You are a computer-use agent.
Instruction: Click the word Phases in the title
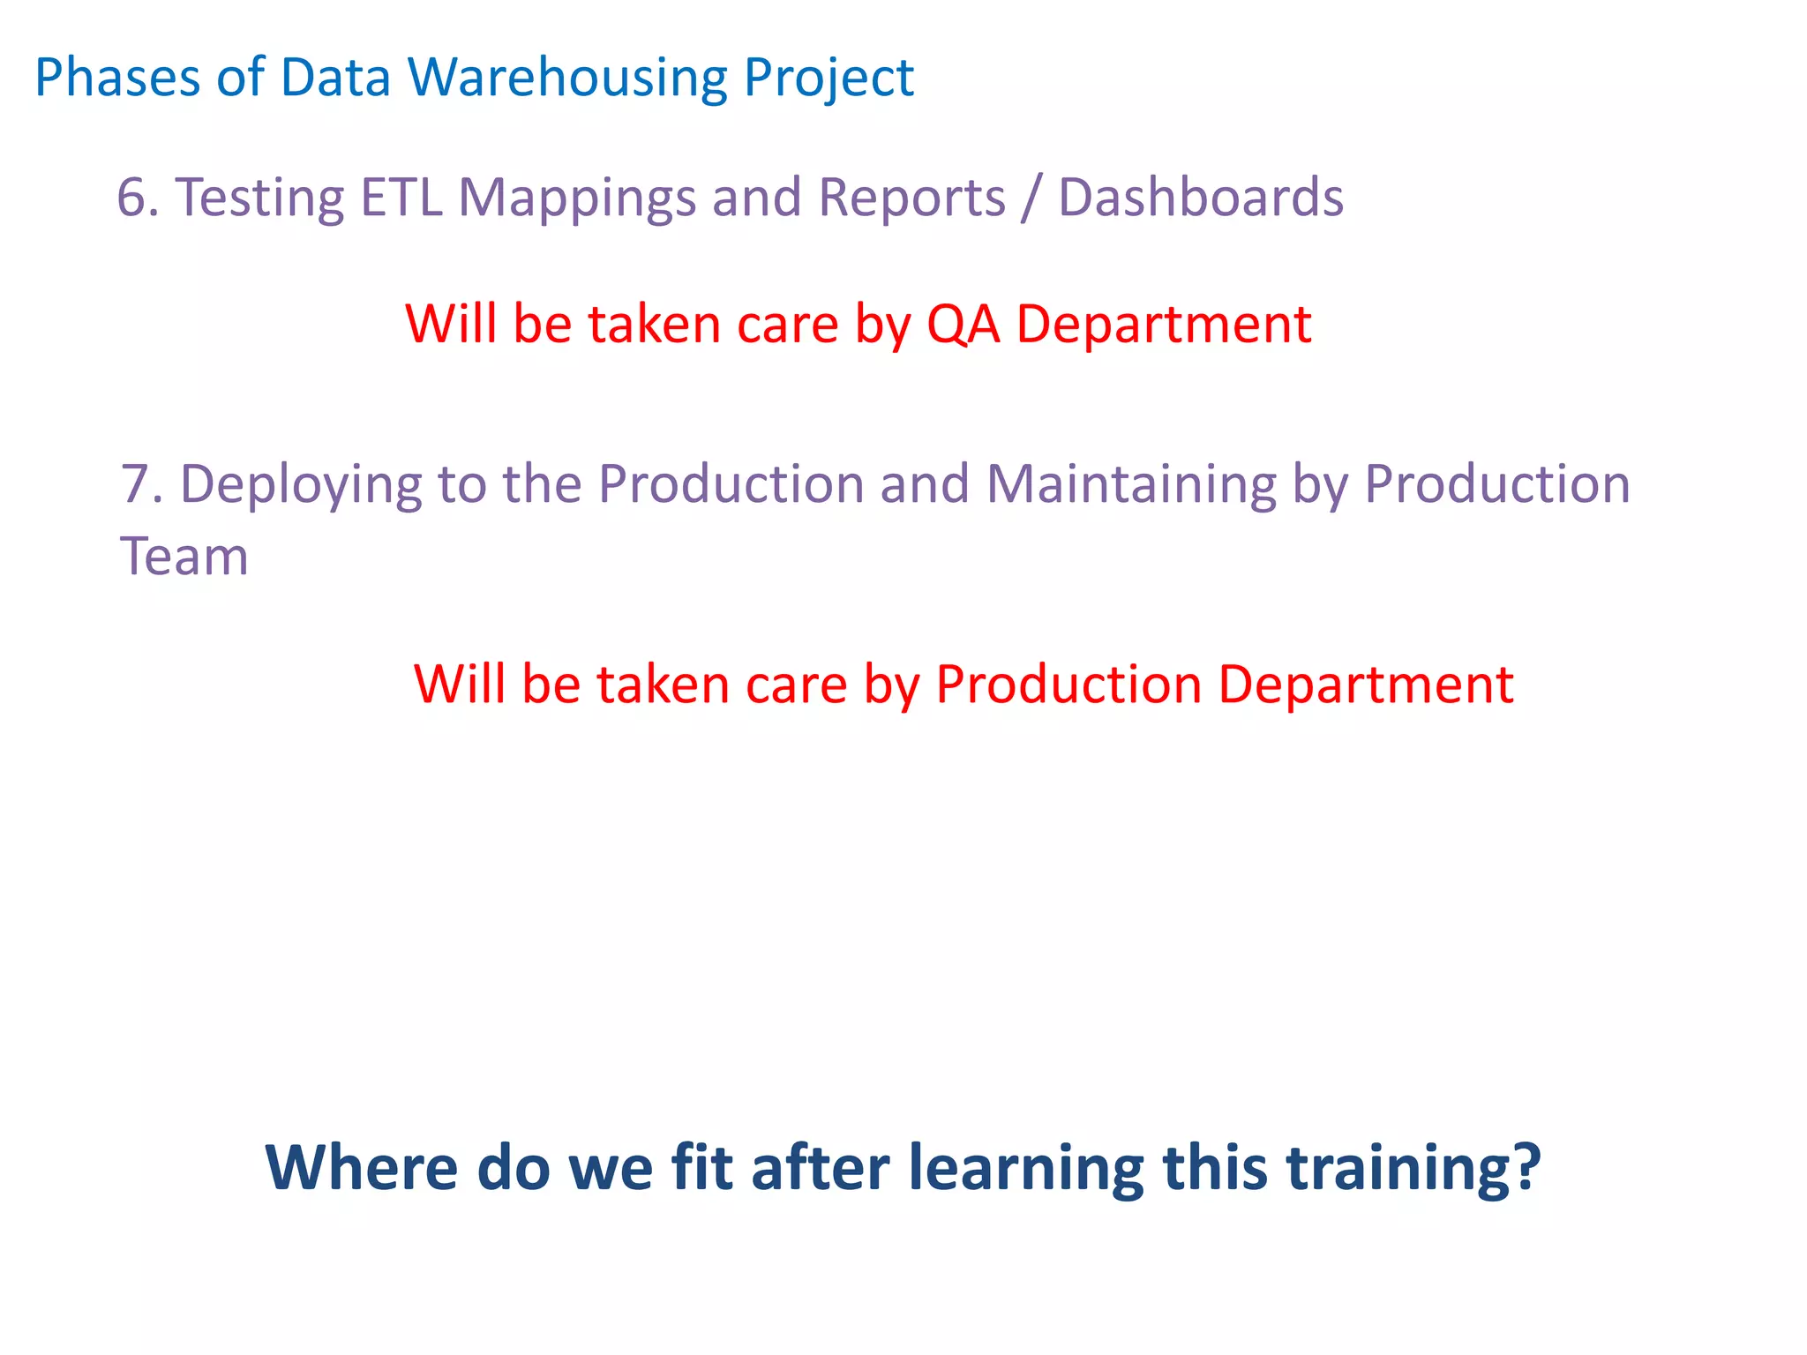click(117, 78)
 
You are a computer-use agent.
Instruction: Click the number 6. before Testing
click(138, 198)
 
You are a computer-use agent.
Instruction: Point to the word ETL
click(401, 198)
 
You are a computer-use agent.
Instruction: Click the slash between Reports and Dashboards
click(1031, 198)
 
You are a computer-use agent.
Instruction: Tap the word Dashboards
click(1200, 198)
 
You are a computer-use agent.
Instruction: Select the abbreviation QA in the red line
click(963, 325)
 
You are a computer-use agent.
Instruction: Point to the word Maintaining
click(1130, 485)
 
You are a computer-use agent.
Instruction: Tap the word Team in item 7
click(184, 558)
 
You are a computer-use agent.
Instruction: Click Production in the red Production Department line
click(1068, 685)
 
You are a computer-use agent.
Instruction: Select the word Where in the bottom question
click(361, 1168)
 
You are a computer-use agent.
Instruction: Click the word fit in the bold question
click(701, 1168)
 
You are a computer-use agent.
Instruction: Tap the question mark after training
click(1524, 1168)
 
